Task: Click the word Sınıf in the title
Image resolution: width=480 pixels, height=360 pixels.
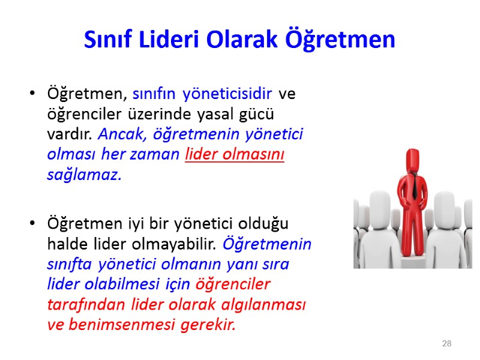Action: (x=106, y=40)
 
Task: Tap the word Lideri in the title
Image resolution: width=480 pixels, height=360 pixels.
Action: (x=165, y=40)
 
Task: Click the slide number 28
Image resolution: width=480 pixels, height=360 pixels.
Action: (x=446, y=344)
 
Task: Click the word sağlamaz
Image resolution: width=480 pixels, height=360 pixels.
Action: (x=84, y=175)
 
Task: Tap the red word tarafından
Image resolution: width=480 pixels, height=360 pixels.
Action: (x=77, y=304)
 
